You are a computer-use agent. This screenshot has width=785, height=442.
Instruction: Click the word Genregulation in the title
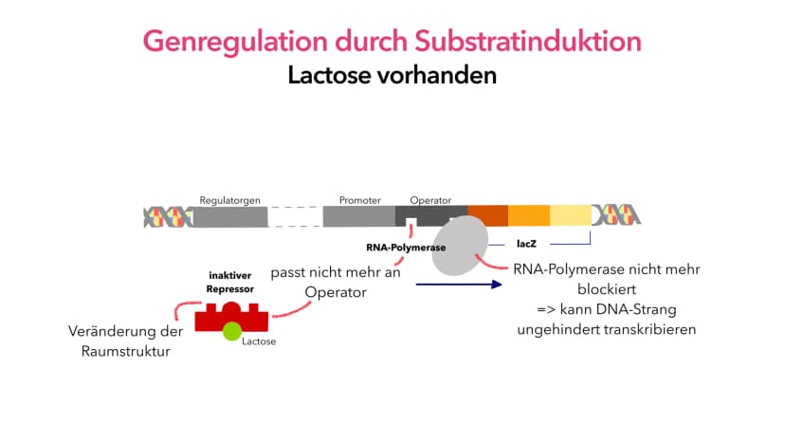pos(235,42)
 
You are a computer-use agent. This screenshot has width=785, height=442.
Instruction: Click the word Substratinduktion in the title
pos(528,41)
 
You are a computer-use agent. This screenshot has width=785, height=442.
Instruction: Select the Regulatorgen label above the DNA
pos(229,200)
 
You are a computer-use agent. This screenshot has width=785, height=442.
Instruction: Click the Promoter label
pos(360,200)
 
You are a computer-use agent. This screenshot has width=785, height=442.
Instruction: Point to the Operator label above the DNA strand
pos(430,200)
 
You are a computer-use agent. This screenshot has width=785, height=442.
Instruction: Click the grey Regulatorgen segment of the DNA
pos(230,217)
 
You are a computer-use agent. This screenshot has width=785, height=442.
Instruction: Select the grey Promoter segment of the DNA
pos(359,216)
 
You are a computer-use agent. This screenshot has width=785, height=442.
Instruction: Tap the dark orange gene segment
pos(488,215)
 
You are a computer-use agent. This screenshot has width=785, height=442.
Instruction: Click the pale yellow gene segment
pos(571,215)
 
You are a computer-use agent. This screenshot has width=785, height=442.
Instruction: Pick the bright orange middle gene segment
pos(529,215)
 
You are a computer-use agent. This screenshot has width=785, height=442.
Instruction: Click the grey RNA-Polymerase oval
pos(460,246)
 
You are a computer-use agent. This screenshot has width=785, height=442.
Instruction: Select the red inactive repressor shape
pos(231,317)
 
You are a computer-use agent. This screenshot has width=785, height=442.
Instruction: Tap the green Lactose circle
pos(232,331)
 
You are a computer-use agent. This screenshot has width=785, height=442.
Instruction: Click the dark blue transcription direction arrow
pos(459,285)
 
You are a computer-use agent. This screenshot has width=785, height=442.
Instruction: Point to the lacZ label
pos(526,244)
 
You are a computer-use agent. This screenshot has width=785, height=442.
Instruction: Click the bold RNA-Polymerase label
pos(406,248)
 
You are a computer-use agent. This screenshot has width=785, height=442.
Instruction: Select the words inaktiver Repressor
pos(230,282)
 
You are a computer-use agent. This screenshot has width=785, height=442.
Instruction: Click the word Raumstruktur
pos(126,351)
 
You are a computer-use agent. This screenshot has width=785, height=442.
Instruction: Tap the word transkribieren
pos(649,329)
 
